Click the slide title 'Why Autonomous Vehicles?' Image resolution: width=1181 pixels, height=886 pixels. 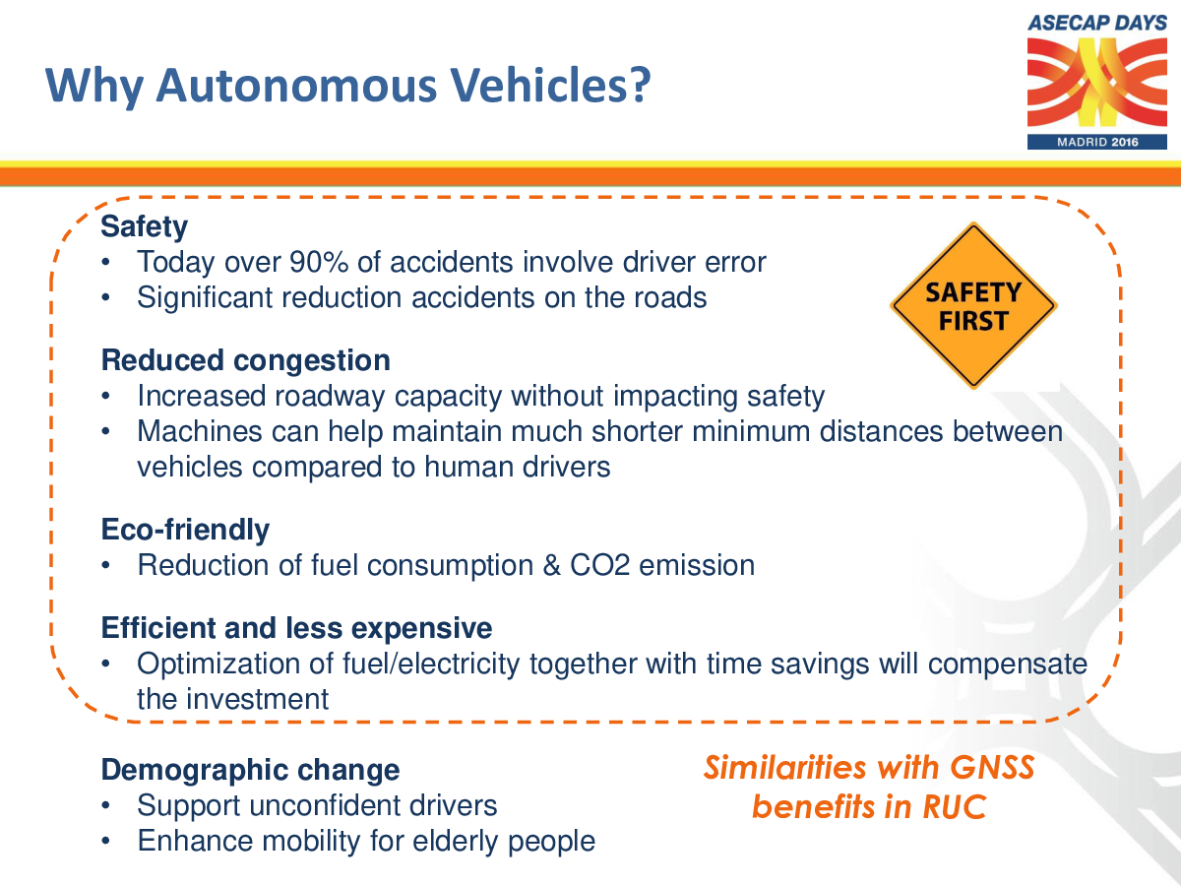pyautogui.click(x=348, y=85)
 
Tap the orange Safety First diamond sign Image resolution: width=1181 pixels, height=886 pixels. pyautogui.click(x=973, y=305)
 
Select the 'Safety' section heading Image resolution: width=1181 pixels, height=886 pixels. pyautogui.click(x=145, y=227)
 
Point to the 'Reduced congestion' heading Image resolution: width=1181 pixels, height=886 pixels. pyautogui.click(x=246, y=360)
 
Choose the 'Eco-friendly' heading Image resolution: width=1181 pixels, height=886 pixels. pyautogui.click(x=185, y=530)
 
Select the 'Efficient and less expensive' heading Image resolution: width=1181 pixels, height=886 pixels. pyautogui.click(x=296, y=628)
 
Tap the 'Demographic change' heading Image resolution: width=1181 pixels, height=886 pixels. pyautogui.click(x=250, y=770)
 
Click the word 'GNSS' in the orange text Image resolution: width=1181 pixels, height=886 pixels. pyautogui.click(x=992, y=767)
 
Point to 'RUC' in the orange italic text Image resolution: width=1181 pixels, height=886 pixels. pyautogui.click(x=955, y=807)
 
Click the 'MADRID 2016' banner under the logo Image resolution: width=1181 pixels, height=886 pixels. pyautogui.click(x=1097, y=142)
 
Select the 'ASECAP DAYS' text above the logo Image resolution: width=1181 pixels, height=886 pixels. pyautogui.click(x=1097, y=23)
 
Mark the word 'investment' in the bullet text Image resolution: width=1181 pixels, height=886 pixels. pyautogui.click(x=257, y=699)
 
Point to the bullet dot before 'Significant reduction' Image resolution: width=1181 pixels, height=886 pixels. pyautogui.click(x=106, y=298)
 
